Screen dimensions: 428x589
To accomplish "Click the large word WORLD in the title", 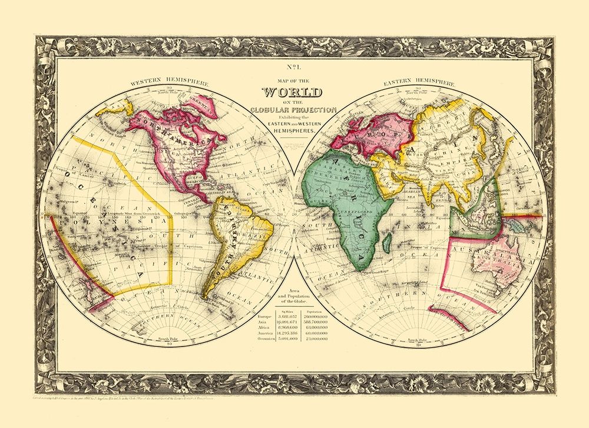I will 293,93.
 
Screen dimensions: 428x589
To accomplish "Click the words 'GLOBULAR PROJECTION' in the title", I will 293,109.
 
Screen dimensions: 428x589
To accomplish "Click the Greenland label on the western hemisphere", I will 198,108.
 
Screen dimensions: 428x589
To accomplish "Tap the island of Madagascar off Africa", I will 387,240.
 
